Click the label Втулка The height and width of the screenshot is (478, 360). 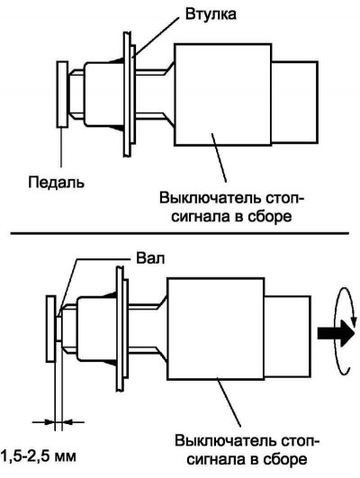211,14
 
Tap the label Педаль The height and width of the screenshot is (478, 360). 57,183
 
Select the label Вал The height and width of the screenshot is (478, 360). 150,258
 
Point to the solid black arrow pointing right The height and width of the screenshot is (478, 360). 336,333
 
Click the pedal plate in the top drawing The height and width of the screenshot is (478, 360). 62,95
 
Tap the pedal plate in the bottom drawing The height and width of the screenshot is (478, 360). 51,329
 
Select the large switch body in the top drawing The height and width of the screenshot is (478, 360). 223,95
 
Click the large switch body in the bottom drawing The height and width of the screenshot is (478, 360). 215,329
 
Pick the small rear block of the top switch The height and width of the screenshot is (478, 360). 295,103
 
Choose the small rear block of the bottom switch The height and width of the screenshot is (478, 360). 287,337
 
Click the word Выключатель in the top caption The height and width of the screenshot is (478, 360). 211,198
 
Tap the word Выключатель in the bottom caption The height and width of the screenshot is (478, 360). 226,441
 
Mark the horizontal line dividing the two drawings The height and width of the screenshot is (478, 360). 179,233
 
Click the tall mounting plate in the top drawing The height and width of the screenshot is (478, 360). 128,95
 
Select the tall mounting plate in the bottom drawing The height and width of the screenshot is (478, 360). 121,329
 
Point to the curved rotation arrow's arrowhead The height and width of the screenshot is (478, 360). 354,321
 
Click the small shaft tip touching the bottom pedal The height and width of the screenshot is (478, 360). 58,329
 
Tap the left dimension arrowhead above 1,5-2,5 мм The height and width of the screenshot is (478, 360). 49,422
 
